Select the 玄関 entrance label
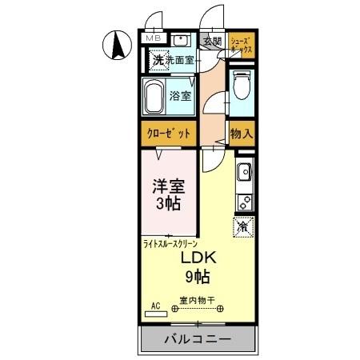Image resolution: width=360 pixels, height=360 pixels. [x=211, y=42]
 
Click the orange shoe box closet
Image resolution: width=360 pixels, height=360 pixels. [x=241, y=45]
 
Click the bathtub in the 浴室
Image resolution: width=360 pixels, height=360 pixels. [x=156, y=97]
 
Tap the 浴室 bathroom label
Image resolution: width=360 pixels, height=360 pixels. [x=180, y=97]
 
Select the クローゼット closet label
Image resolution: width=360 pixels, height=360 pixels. [x=167, y=134]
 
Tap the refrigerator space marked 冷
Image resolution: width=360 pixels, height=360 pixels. [x=242, y=226]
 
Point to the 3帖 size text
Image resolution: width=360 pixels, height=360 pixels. [x=168, y=204]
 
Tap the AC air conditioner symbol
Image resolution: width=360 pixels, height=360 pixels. [x=154, y=305]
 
